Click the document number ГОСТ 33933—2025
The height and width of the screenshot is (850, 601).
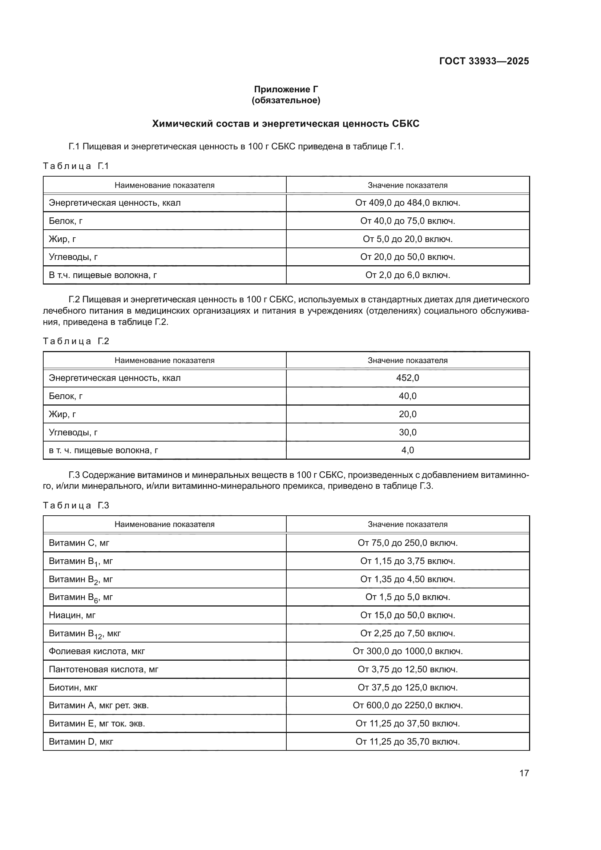pos(484,61)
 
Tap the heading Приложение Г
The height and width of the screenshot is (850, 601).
pos(286,89)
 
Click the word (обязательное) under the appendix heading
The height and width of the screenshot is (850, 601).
pos(286,100)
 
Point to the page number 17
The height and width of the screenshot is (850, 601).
pos(524,773)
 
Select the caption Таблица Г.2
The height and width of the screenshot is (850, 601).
pos(76,341)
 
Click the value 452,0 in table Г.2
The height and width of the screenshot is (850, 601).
pos(407,378)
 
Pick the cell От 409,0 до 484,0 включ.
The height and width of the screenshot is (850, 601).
pos(407,203)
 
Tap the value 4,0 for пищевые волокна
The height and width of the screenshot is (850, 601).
pos(407,450)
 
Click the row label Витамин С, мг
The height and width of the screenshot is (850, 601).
pos(79,543)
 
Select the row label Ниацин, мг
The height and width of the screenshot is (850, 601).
pos(72,615)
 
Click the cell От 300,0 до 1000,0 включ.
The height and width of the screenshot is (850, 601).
pos(407,651)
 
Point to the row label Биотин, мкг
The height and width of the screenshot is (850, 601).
pos(73,688)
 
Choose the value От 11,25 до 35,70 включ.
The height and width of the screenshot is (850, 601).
pos(407,742)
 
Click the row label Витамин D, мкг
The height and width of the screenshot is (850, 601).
pos(81,742)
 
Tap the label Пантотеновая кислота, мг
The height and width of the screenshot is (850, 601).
pos(103,669)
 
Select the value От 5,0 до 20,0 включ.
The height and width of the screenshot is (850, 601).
pos(407,239)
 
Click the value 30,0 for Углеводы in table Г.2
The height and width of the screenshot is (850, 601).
pos(407,432)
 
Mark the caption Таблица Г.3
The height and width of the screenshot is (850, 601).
pos(76,506)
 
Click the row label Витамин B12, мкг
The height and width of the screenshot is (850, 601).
pos(85,634)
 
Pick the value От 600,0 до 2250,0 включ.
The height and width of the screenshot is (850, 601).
pos(407,706)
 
